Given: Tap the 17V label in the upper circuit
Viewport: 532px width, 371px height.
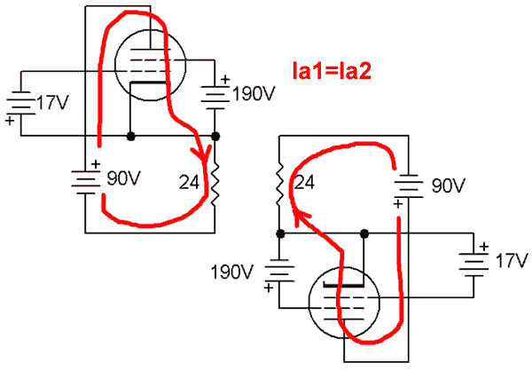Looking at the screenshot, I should (50, 104).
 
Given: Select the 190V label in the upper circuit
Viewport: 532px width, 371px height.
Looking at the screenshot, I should (254, 93).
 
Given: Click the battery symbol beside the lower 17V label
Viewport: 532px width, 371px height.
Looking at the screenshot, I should (471, 263).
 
